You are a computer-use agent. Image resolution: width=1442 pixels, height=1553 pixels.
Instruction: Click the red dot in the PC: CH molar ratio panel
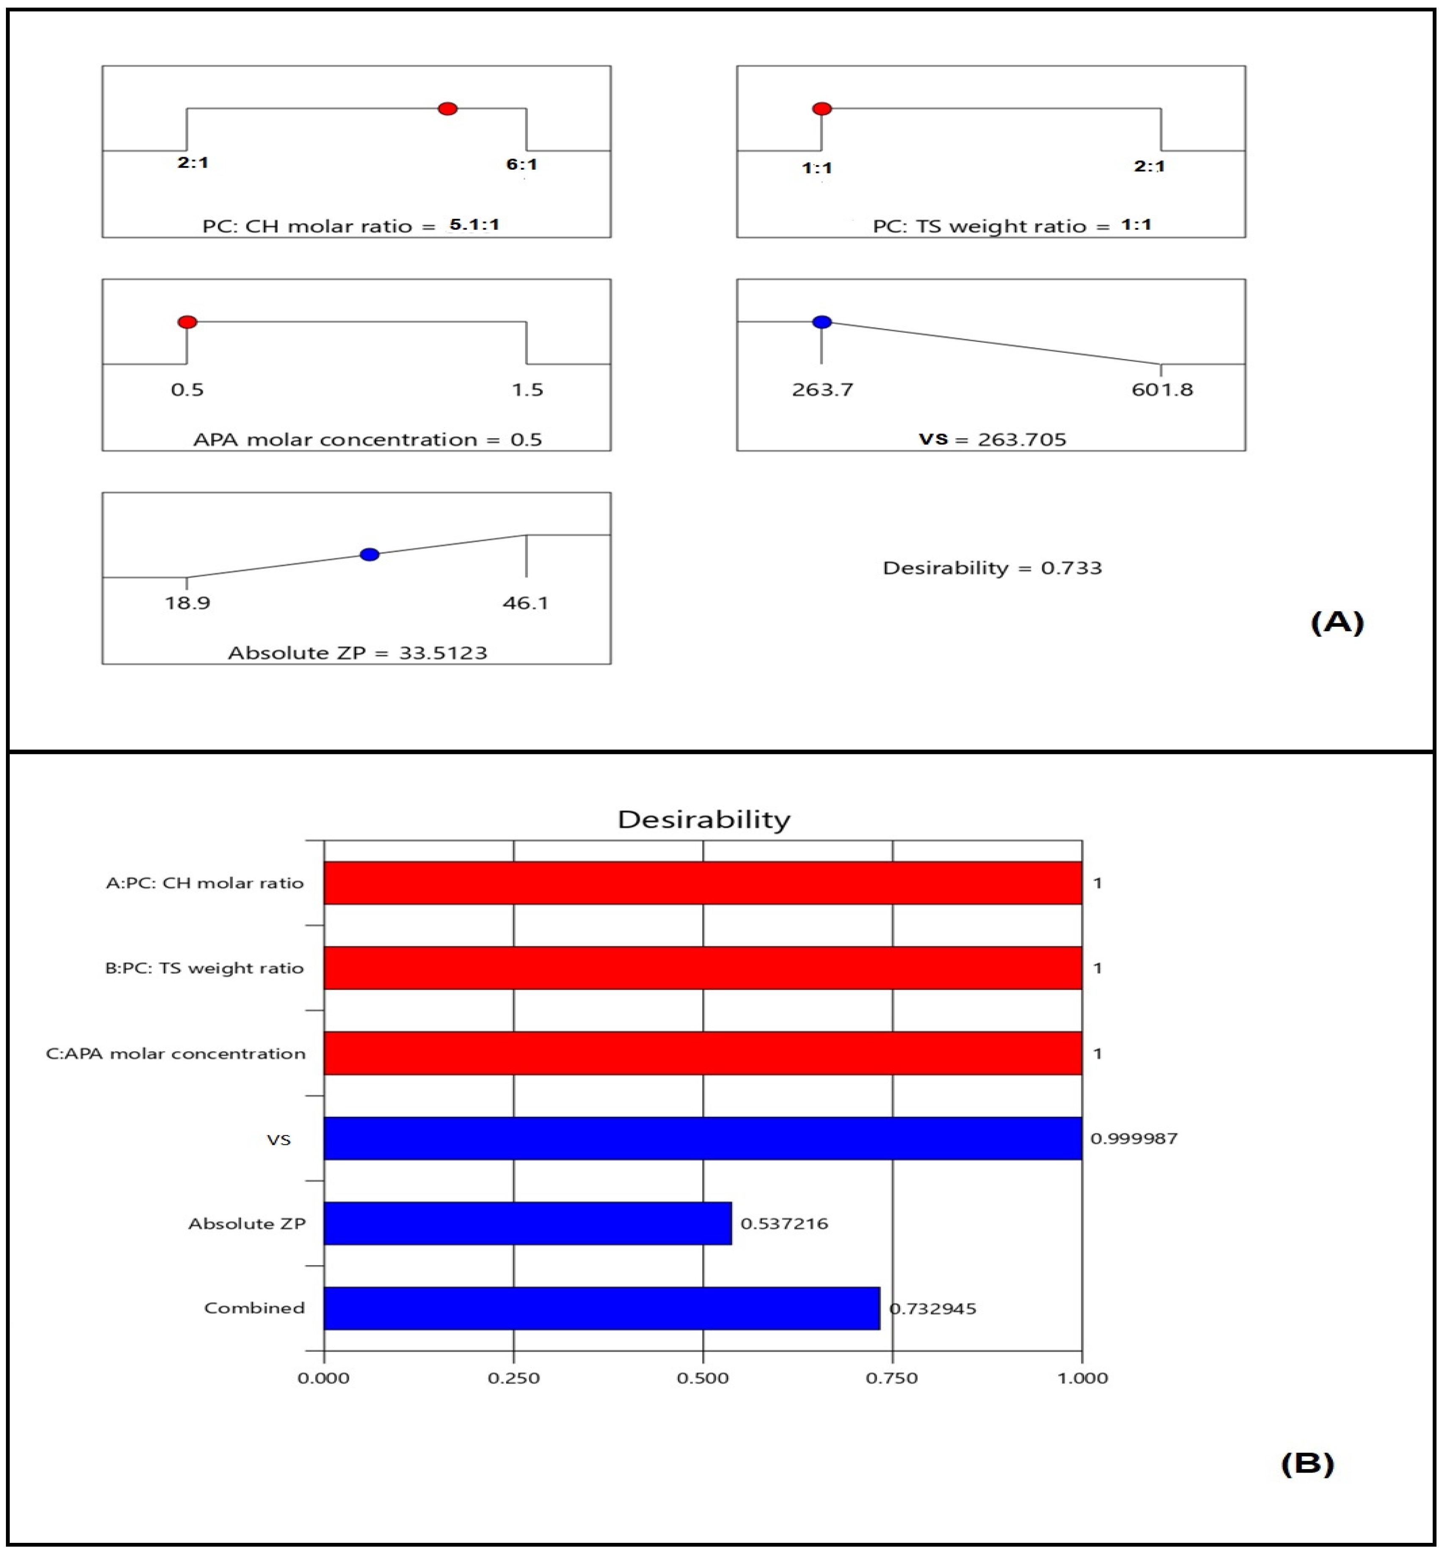pyautogui.click(x=447, y=108)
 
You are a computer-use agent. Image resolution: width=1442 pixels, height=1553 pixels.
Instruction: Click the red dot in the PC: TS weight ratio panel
pyautogui.click(x=822, y=108)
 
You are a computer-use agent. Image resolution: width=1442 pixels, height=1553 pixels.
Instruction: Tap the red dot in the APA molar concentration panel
pyautogui.click(x=187, y=321)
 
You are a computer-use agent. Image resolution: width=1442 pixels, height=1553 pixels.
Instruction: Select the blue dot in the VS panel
pyautogui.click(x=822, y=321)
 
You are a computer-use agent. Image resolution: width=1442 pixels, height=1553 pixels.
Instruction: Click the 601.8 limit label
pyautogui.click(x=1162, y=390)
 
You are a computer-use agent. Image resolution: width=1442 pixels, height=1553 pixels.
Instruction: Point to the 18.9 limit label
pyautogui.click(x=187, y=602)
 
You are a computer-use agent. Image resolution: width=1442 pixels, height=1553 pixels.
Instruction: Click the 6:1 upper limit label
pyautogui.click(x=521, y=164)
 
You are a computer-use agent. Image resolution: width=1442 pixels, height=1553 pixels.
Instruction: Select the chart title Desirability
pyautogui.click(x=704, y=819)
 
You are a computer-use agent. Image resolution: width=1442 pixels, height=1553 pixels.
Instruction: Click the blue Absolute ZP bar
pyautogui.click(x=527, y=1223)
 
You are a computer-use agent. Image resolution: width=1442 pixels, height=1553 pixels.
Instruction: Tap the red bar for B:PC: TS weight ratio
pyautogui.click(x=702, y=968)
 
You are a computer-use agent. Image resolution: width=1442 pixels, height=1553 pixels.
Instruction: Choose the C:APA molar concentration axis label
pyautogui.click(x=176, y=1053)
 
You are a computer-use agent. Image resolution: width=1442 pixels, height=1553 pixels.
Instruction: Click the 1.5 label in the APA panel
pyautogui.click(x=527, y=390)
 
